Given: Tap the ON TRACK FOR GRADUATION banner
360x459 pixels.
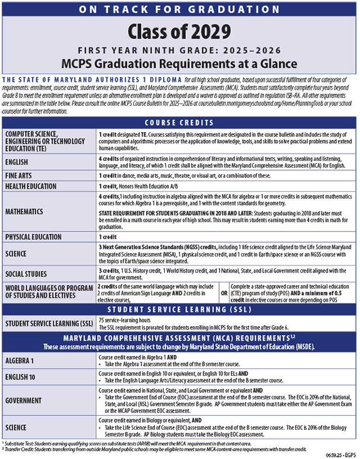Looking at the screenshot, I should click(179, 9).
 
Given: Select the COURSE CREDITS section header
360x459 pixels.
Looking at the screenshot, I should click(179, 123).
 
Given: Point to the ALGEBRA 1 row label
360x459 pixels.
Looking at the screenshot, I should click(23, 361).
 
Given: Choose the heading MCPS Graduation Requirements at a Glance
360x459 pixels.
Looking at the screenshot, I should click(179, 64).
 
